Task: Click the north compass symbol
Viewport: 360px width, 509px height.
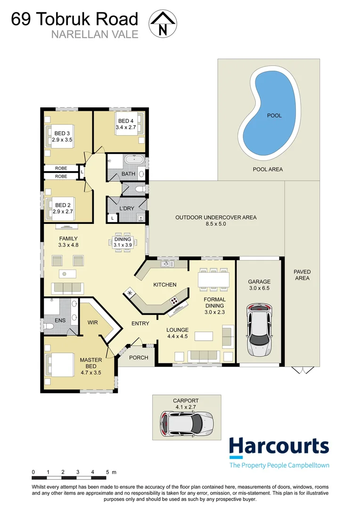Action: tap(163, 24)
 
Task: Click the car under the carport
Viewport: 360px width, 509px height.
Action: tap(186, 423)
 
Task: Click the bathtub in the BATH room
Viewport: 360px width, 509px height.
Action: tap(134, 159)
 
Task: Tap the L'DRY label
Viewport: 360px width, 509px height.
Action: tap(127, 208)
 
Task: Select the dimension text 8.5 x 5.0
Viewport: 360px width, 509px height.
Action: tap(216, 224)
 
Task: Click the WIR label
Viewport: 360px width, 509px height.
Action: tap(93, 322)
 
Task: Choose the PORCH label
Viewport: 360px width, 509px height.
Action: tap(139, 357)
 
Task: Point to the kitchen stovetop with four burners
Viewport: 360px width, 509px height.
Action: tap(174, 300)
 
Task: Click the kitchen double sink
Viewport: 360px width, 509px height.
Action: tap(167, 264)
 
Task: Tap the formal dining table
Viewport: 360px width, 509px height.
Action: tap(213, 279)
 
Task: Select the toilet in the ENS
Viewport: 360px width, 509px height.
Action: tap(49, 326)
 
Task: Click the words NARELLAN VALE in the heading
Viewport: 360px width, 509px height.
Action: tap(95, 34)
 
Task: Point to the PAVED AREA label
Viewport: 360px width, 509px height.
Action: tap(302, 275)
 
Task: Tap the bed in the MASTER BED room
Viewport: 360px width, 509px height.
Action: tap(60, 365)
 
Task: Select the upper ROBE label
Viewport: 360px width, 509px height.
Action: tap(61, 168)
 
